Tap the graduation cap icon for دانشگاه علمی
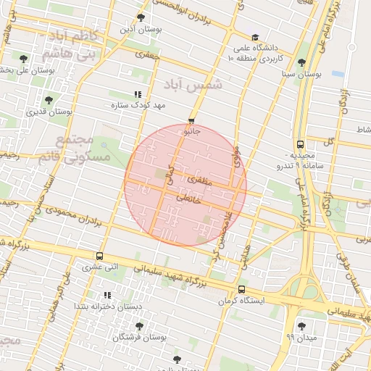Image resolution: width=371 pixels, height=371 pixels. pyautogui.click(x=254, y=38)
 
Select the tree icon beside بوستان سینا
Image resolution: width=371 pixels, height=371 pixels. pyautogui.click(x=301, y=62)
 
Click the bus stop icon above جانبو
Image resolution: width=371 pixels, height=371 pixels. pyautogui.click(x=191, y=122)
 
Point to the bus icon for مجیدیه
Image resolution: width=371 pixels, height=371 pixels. pyautogui.click(x=300, y=143)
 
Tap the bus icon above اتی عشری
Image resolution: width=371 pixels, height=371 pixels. pyautogui.click(x=99, y=256)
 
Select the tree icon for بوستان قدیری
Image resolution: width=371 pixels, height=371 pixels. pyautogui.click(x=49, y=101)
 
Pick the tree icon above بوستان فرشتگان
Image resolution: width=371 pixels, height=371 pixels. pyautogui.click(x=139, y=326)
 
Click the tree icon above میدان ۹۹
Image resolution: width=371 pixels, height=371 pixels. pyautogui.click(x=301, y=325)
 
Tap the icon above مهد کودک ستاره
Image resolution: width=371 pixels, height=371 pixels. pyautogui.click(x=138, y=94)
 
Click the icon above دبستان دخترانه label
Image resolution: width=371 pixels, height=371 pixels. pyautogui.click(x=107, y=295)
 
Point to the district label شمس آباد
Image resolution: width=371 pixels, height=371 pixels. pyautogui.click(x=196, y=86)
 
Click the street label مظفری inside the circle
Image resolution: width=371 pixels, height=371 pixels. pyautogui.click(x=200, y=177)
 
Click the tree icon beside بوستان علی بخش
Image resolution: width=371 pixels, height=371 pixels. pyautogui.click(x=24, y=58)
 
